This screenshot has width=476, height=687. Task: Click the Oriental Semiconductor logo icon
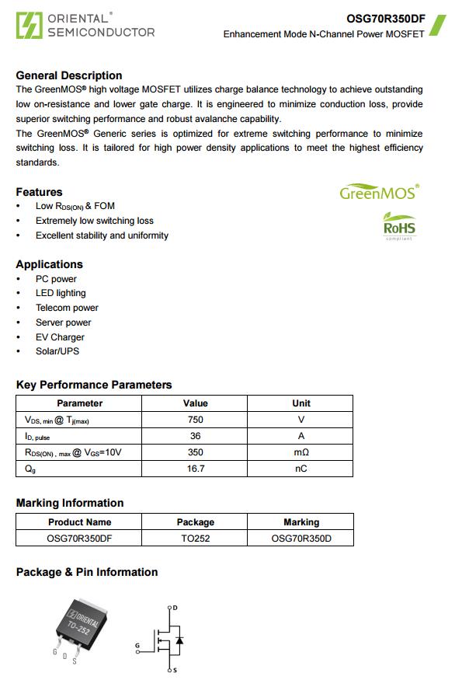(29, 25)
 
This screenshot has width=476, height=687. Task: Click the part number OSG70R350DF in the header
(385, 19)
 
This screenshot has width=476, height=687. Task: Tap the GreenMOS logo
(379, 192)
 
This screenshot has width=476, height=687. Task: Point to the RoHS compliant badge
(399, 226)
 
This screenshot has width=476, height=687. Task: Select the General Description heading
(69, 75)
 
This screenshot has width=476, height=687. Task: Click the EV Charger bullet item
(60, 337)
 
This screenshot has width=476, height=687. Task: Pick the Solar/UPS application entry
(57, 351)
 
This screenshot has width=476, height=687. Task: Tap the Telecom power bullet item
(67, 308)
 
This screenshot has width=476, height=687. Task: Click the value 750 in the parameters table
(196, 420)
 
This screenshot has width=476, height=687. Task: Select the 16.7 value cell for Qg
(196, 469)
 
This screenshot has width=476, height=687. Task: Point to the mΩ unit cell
(301, 452)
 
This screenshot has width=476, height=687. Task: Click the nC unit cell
(301, 469)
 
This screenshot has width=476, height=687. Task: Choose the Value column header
(196, 403)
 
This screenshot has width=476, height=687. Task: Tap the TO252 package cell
(196, 538)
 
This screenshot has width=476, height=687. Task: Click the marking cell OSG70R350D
(301, 538)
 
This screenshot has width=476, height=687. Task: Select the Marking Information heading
(70, 503)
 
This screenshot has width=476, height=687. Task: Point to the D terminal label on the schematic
(175, 608)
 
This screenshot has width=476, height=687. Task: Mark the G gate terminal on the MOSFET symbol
(138, 646)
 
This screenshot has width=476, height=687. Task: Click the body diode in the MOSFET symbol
(179, 640)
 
